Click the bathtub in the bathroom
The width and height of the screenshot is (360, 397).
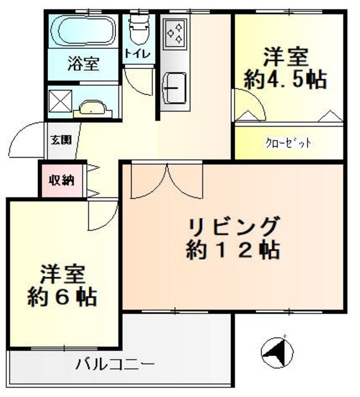click(82, 30)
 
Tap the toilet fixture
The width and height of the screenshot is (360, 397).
click(137, 28)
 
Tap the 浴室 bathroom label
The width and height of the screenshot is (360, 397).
click(83, 63)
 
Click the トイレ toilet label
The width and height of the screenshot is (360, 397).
click(137, 53)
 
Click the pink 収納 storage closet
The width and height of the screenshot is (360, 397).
click(61, 181)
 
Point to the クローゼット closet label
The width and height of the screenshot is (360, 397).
click(289, 143)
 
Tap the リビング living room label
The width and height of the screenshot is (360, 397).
click(233, 225)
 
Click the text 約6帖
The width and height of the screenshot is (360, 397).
click(62, 296)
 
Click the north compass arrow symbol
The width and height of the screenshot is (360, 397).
click(276, 355)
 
